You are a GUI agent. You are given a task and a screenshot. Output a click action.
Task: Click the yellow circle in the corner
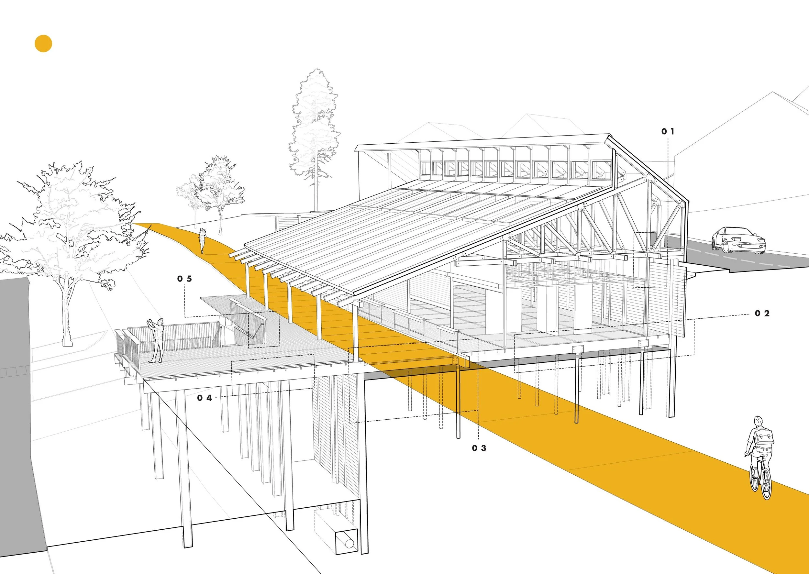43,44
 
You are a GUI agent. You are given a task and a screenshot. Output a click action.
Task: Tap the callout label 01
668,131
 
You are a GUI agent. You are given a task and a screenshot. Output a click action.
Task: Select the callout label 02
762,313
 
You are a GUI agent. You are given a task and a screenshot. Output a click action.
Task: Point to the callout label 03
479,448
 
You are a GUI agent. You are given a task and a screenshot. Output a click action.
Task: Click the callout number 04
204,398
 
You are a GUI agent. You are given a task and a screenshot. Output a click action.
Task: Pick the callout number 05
184,279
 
